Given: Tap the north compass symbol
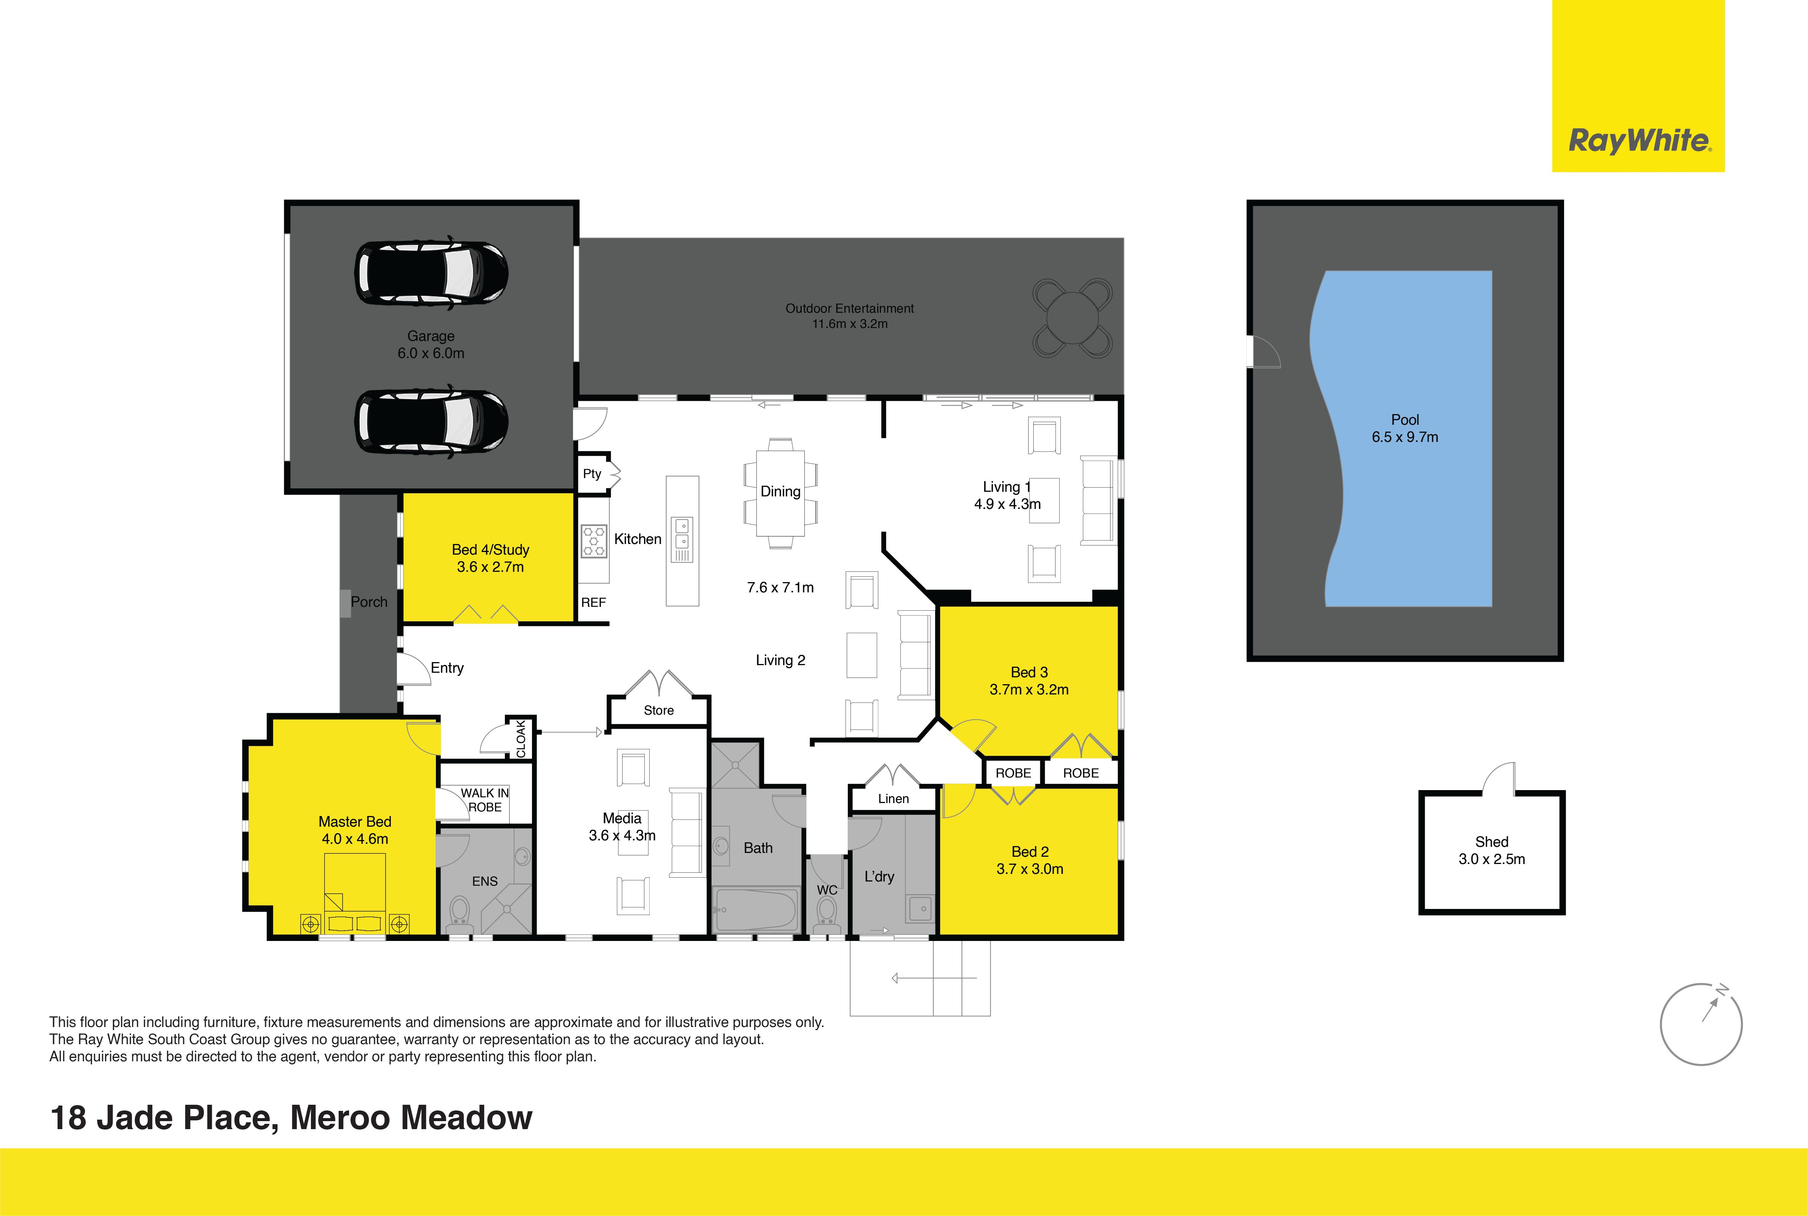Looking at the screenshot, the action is [1701, 1024].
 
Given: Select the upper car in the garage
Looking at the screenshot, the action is [431, 272].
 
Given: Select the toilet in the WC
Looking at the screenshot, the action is [827, 915].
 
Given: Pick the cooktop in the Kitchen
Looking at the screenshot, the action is [594, 541].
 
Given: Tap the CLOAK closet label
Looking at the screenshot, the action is [521, 738].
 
